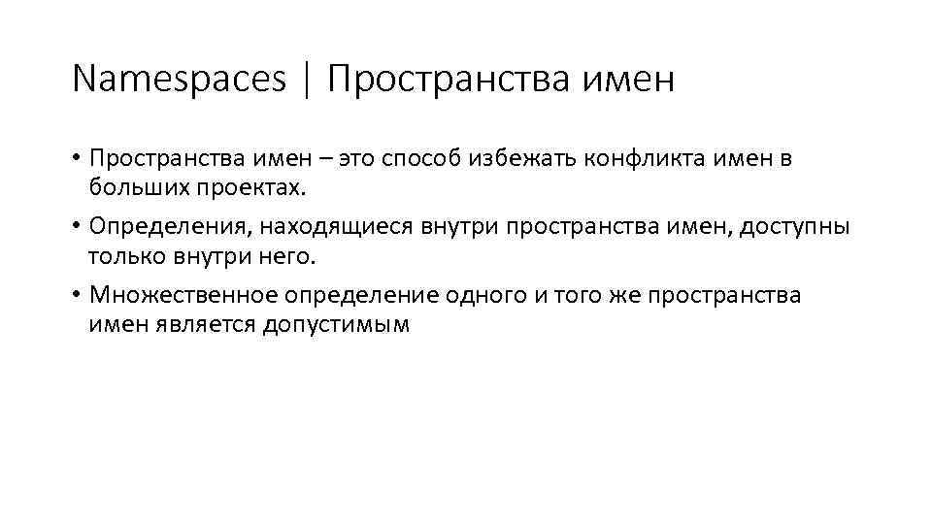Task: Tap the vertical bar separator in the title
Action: (308, 80)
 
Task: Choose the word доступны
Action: (795, 227)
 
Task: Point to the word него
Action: (290, 255)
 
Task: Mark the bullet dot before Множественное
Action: (77, 296)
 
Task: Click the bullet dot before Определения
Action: (77, 227)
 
